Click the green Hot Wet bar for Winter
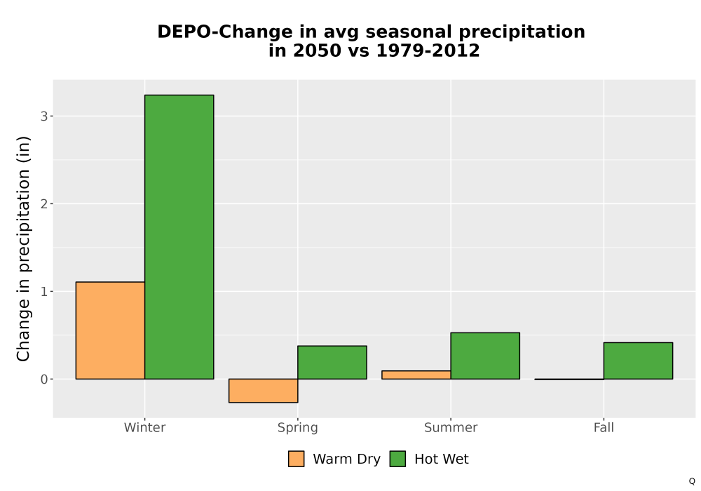(x=179, y=237)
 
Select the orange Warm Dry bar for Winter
(x=111, y=330)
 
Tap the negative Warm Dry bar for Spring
(x=264, y=391)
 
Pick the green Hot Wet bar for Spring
(x=332, y=362)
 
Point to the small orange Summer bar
(x=416, y=375)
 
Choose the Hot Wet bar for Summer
(x=485, y=356)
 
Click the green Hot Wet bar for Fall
(x=638, y=361)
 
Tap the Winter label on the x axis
(x=145, y=427)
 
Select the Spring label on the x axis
(x=298, y=428)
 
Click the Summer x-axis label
(x=451, y=427)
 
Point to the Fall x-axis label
(x=604, y=427)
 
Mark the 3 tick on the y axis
(x=43, y=116)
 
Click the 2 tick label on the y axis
(x=43, y=204)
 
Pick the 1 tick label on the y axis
(x=43, y=292)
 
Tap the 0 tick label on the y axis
(x=43, y=379)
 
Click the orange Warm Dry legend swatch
(x=296, y=459)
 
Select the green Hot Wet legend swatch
(x=397, y=459)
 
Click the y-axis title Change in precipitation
(x=23, y=248)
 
